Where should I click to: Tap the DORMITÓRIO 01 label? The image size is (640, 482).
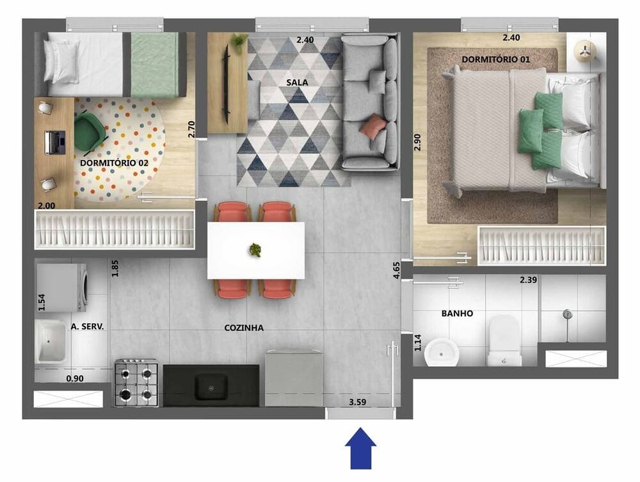pyautogui.click(x=496, y=59)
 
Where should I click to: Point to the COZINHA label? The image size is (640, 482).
pyautogui.click(x=244, y=328)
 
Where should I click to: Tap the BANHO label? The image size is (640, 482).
pyautogui.click(x=457, y=314)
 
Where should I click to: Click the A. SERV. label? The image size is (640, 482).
pyautogui.click(x=87, y=326)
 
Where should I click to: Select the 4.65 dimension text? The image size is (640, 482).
pyautogui.click(x=397, y=269)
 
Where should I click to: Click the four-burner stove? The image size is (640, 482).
pyautogui.click(x=136, y=383)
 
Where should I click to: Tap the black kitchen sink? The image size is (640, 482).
pyautogui.click(x=211, y=385)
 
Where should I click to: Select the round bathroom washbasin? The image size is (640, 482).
pyautogui.click(x=440, y=350)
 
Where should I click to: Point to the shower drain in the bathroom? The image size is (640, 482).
pyautogui.click(x=566, y=314)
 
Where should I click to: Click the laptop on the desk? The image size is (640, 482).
pyautogui.click(x=55, y=141)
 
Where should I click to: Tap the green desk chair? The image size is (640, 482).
pyautogui.click(x=92, y=131)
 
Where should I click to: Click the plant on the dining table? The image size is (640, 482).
pyautogui.click(x=255, y=249)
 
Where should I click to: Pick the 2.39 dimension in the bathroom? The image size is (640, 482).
pyautogui.click(x=529, y=280)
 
